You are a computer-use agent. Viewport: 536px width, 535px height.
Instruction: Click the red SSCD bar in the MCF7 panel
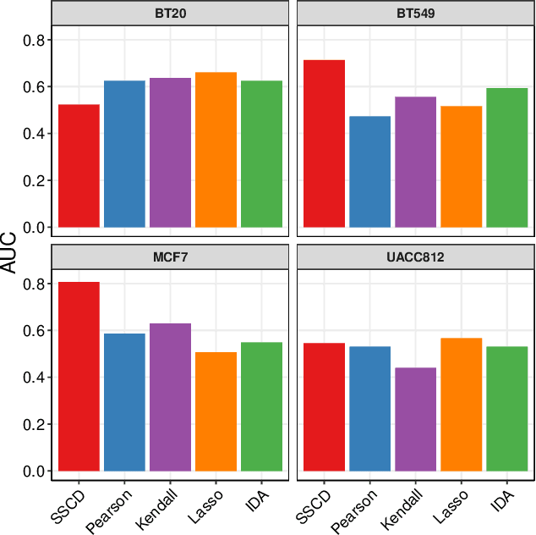(79, 377)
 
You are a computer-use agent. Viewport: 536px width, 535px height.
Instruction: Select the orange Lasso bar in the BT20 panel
(216, 150)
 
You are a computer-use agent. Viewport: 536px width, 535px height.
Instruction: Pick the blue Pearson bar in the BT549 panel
(370, 172)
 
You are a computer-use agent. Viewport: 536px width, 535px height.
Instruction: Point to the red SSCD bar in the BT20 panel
(79, 166)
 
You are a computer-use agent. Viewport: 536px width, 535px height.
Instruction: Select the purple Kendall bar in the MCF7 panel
(170, 397)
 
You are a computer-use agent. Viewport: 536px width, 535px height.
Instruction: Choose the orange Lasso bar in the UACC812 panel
(462, 405)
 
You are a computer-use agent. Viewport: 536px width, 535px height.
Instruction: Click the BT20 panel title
(170, 13)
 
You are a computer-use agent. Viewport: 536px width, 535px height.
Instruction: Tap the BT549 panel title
(415, 13)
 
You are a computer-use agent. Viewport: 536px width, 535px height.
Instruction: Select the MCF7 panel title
(170, 256)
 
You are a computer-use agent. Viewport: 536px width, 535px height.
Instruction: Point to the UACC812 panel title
(415, 256)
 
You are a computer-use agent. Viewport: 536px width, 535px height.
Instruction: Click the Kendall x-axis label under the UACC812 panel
(404, 509)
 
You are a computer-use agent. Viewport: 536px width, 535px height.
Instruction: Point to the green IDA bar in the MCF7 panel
(261, 406)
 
